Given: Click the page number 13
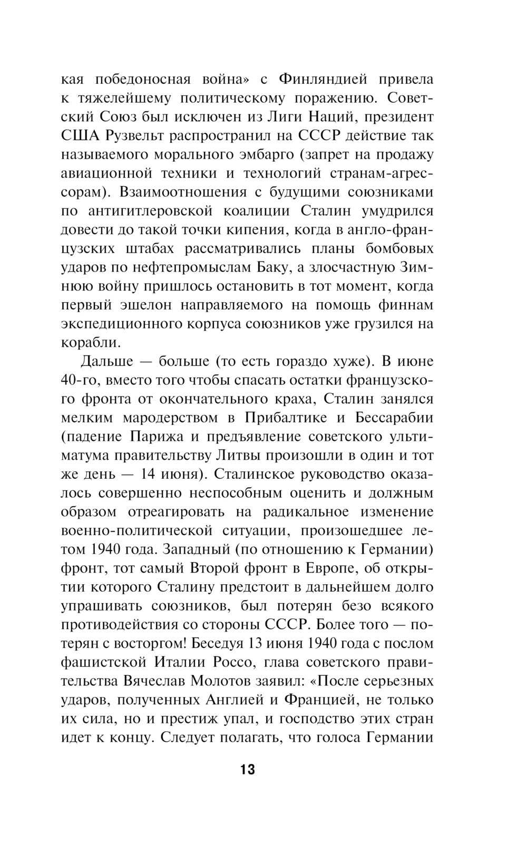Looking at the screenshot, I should click(247, 769).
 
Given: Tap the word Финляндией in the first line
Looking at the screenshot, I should click(323, 79).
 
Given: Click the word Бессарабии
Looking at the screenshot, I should click(394, 418).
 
